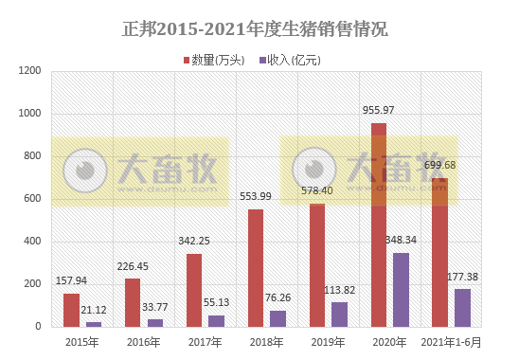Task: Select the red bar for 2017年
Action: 194,290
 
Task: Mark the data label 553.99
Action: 256,196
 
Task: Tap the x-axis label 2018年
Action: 266,341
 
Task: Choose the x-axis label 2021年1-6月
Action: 451,341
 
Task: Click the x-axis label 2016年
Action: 143,341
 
